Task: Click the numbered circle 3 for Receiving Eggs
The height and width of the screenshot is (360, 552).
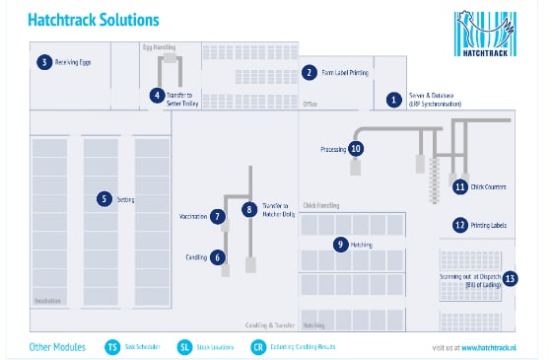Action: [x=43, y=62]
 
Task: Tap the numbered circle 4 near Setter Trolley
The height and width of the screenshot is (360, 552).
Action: [x=157, y=96]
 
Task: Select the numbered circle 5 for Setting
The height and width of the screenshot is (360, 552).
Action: [x=103, y=198]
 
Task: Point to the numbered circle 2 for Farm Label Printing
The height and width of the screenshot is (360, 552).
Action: [x=309, y=72]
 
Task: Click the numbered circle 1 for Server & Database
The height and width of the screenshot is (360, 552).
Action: [x=393, y=99]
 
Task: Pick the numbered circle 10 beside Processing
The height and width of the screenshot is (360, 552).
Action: [x=356, y=149]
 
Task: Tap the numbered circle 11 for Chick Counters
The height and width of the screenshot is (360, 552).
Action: [x=459, y=185]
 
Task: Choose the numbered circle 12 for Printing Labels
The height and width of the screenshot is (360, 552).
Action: [x=459, y=225]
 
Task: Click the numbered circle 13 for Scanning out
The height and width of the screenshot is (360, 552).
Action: [x=510, y=278]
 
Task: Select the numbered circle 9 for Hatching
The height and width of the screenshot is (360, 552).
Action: [x=340, y=244]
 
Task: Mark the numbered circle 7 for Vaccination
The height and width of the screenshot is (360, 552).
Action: [x=218, y=216]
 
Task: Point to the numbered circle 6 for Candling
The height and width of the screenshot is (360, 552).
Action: [x=218, y=256]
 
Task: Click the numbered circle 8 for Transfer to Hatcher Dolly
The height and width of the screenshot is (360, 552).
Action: [x=250, y=209]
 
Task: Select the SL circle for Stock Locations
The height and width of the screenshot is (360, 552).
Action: [x=185, y=346]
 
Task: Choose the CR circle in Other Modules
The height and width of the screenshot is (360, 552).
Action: [x=258, y=346]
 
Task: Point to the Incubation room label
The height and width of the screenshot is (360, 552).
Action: [x=47, y=300]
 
